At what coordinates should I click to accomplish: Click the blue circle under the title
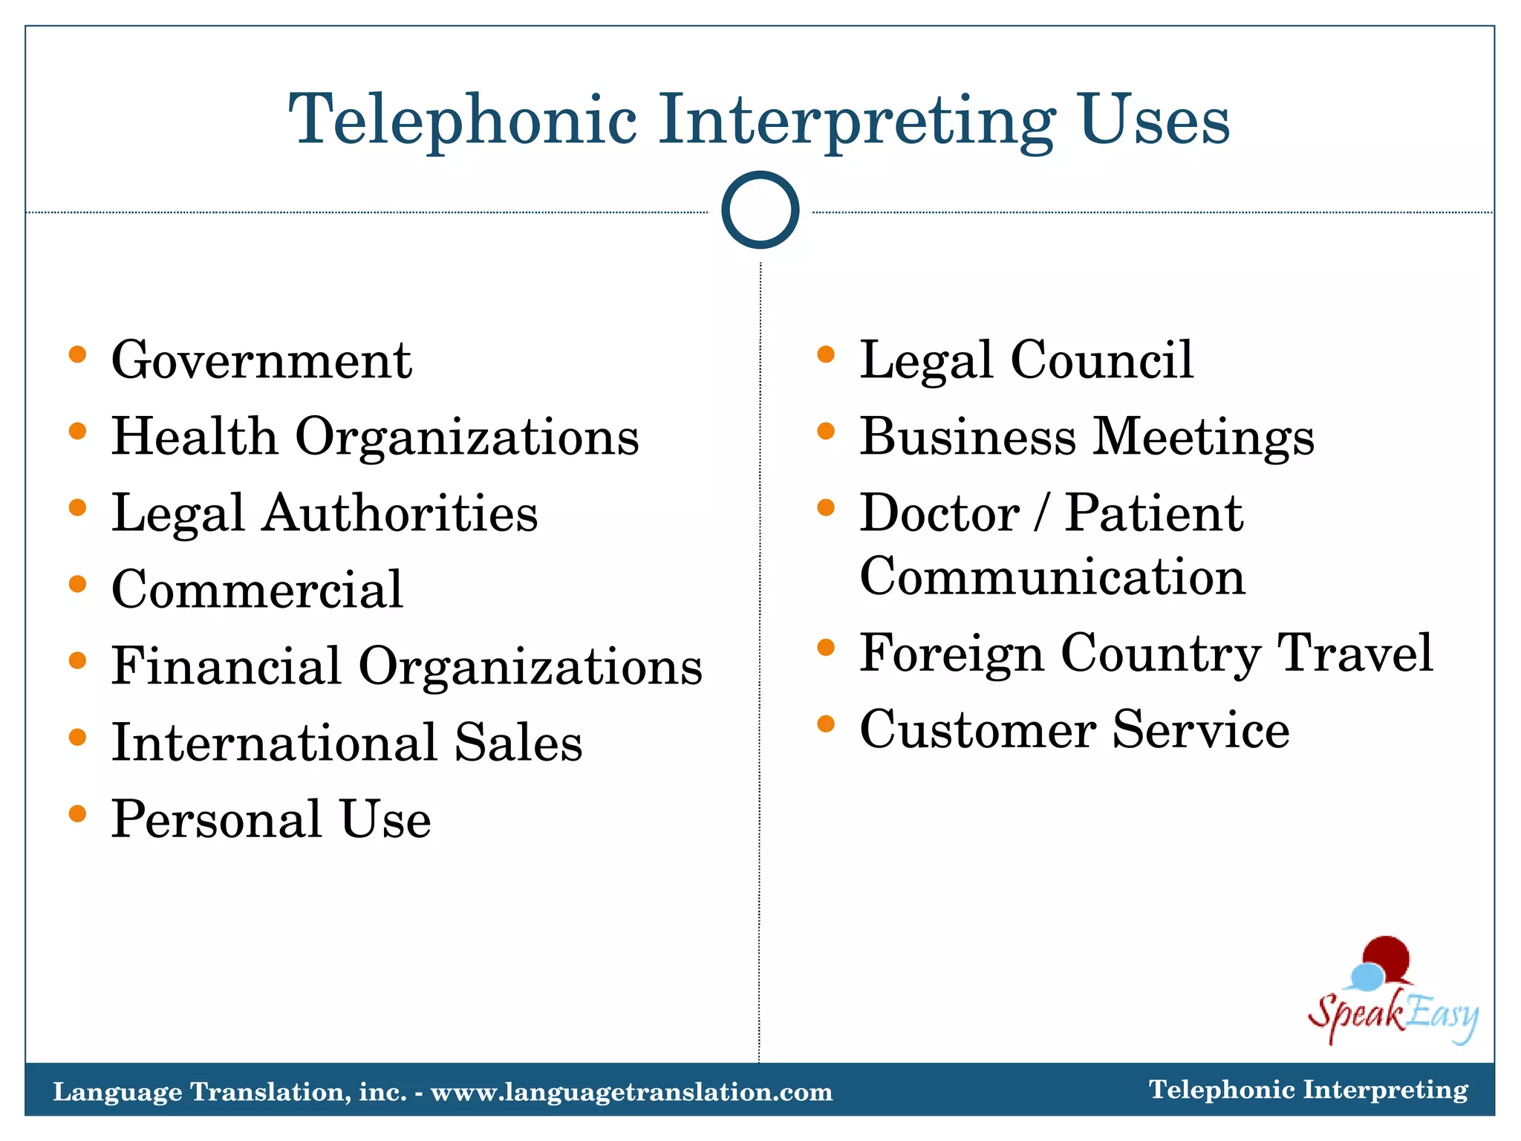pyautogui.click(x=760, y=210)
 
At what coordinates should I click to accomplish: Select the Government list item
pyautogui.click(x=261, y=360)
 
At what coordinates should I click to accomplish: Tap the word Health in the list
pyautogui.click(x=194, y=437)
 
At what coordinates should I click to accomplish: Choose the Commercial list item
pyautogui.click(x=257, y=590)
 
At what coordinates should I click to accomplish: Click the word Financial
pyautogui.click(x=227, y=666)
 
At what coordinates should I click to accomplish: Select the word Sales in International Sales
pyautogui.click(x=518, y=743)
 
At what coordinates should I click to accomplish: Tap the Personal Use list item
pyautogui.click(x=271, y=819)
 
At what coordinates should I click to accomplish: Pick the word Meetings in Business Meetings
pyautogui.click(x=1204, y=437)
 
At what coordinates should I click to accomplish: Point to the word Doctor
pyautogui.click(x=939, y=513)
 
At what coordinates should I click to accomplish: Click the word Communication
pyautogui.click(x=1052, y=577)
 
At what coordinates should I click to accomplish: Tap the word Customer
pyautogui.click(x=977, y=730)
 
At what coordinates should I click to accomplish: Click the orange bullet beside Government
pyautogui.click(x=77, y=354)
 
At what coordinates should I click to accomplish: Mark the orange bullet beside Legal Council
pyautogui.click(x=826, y=354)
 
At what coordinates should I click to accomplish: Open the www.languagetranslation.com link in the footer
pyautogui.click(x=632, y=1092)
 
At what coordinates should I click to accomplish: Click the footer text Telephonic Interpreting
pyautogui.click(x=1309, y=1090)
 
